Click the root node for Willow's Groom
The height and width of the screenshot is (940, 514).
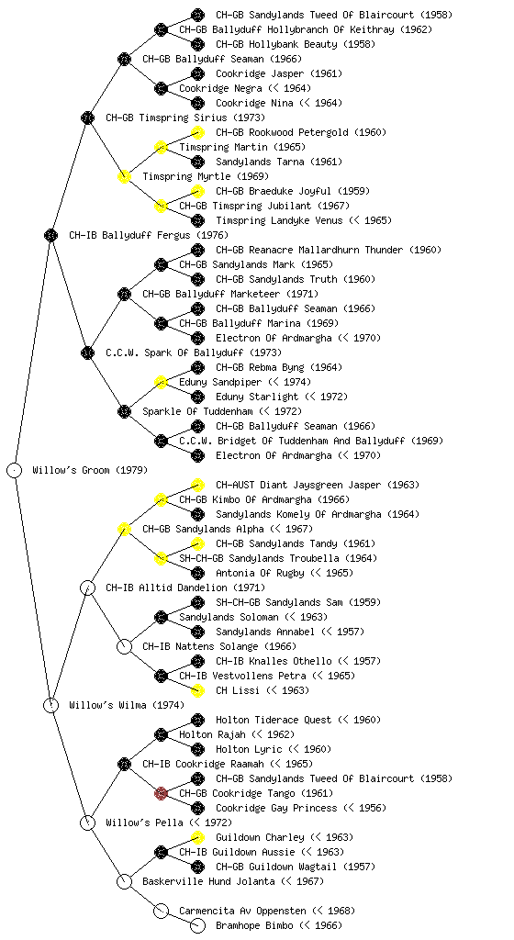[x=15, y=470]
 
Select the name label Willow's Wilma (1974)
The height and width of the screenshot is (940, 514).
[x=127, y=705]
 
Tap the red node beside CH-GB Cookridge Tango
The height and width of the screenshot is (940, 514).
[x=161, y=793]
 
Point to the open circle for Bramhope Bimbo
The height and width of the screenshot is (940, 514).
[x=197, y=925]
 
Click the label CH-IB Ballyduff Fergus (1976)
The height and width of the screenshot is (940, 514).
[x=149, y=235]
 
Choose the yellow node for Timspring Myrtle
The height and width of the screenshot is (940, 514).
[x=124, y=176]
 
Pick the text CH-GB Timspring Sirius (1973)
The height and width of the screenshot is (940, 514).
[x=185, y=117]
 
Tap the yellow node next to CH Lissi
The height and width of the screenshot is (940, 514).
[x=197, y=690]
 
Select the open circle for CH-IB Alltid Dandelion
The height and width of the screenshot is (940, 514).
[x=87, y=587]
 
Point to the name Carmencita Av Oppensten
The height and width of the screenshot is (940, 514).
[x=242, y=911]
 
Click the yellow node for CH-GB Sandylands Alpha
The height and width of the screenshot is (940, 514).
[x=124, y=529]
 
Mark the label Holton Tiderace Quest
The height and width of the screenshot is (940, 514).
[x=274, y=720]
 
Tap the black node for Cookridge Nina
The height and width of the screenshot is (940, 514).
[x=197, y=103]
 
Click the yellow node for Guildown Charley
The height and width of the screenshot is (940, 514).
[x=197, y=837]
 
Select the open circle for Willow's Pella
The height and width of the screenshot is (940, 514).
[x=87, y=822]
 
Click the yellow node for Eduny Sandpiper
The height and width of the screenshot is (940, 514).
[x=161, y=382]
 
